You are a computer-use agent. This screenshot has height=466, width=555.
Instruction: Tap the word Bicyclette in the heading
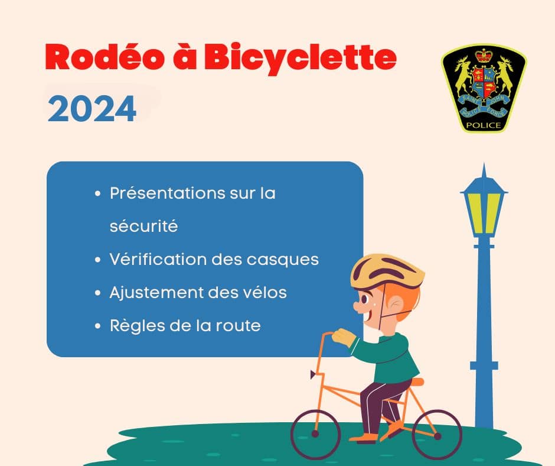pos(300,59)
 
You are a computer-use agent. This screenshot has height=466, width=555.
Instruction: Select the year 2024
pos(92,109)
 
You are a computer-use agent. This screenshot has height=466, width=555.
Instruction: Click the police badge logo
pos(484,88)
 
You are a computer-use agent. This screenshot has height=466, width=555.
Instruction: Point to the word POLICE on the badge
pos(484,125)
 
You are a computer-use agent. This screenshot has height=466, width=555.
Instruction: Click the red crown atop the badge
pos(484,56)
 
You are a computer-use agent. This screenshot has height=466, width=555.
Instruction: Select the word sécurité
pos(143,226)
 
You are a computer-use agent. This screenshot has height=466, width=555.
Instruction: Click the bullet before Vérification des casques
pos(98,260)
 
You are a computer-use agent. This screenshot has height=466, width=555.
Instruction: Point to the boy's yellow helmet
pos(387,271)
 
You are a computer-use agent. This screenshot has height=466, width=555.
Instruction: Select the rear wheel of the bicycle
pos(437,435)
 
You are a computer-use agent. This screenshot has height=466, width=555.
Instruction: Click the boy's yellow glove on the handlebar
pos(344,337)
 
